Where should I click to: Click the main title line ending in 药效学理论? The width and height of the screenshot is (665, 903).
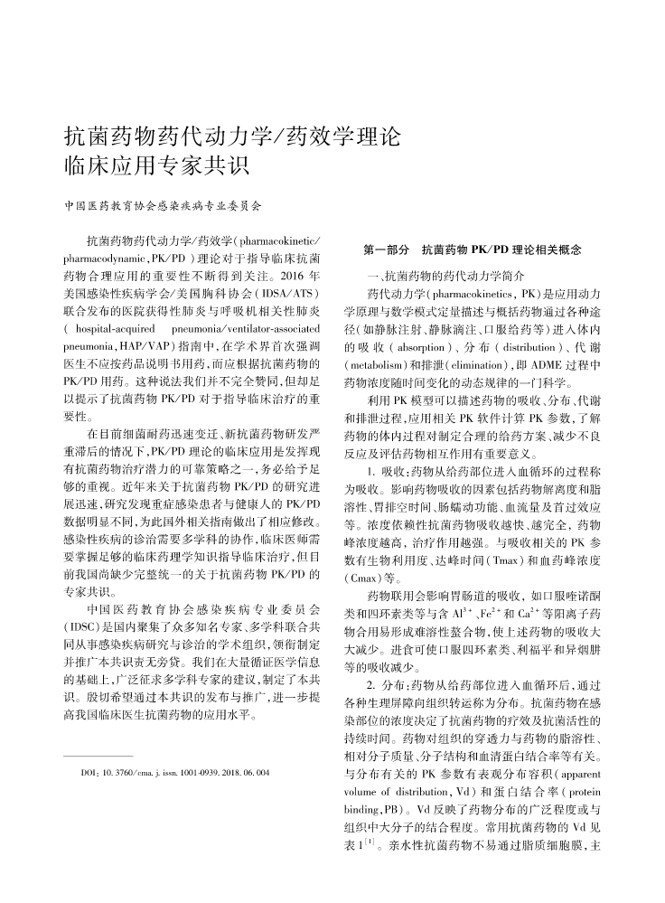coord(232,137)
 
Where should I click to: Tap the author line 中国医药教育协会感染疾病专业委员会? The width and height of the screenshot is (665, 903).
coord(164,207)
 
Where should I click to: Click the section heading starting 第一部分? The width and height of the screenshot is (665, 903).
coord(472,249)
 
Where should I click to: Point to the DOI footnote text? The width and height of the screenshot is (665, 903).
coord(174,774)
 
